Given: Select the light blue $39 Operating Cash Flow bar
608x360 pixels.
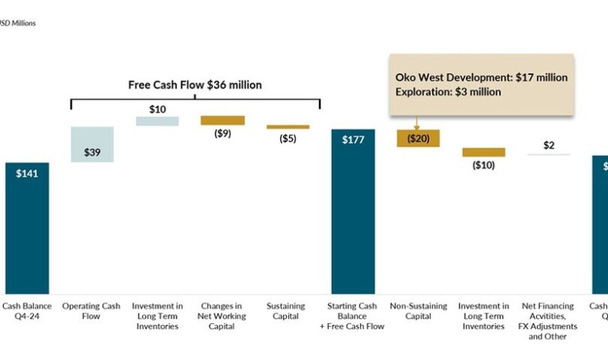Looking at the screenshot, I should pos(92,144).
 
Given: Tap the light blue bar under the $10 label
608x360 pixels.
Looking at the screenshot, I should pos(158,121).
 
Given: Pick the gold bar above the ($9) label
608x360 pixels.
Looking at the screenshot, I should pos(223,120).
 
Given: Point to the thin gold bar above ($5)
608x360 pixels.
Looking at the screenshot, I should pos(288,127).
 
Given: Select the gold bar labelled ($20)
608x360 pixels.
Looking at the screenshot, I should pos(418,138).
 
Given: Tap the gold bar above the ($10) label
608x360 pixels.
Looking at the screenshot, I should pos(483,152).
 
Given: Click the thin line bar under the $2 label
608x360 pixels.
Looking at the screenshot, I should pos(549,154).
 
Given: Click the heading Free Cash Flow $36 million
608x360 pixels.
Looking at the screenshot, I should pos(195,85).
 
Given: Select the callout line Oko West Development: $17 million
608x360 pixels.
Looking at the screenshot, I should pos(481,77).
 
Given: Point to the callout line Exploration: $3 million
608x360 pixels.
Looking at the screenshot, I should pos(449,91).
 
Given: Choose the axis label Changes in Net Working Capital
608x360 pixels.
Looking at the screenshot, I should pos(223,316).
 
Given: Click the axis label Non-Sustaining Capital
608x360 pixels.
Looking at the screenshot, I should pos(418,310).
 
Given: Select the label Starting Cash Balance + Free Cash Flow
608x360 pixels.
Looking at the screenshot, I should pos(354,316).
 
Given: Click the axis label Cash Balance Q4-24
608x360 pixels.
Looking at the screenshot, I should pos(27,310).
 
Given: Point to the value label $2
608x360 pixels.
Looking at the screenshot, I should pos(549,145).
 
